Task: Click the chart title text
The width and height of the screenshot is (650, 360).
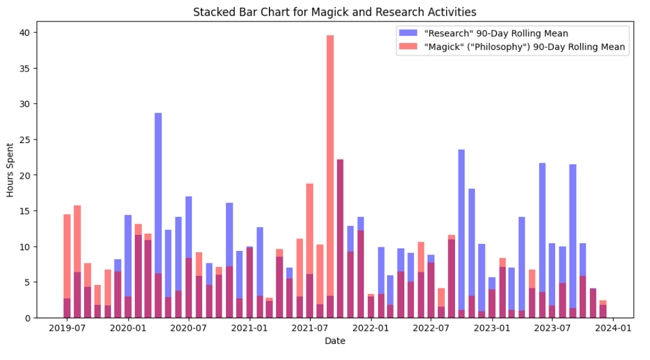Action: click(x=335, y=12)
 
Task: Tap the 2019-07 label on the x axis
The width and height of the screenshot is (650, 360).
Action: click(x=67, y=328)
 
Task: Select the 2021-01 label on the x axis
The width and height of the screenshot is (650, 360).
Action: click(x=249, y=328)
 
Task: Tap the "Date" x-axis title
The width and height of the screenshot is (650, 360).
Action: click(x=335, y=342)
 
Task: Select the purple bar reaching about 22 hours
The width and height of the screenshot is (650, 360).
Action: click(x=340, y=238)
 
